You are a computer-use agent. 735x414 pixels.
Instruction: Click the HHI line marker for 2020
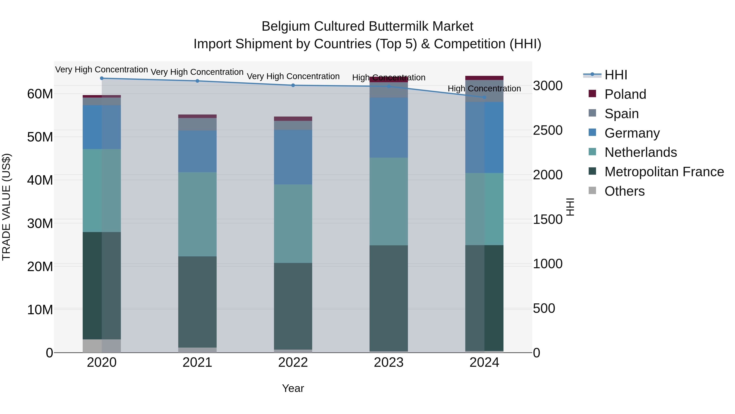click(x=102, y=78)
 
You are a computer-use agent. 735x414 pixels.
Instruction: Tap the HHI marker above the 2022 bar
click(x=293, y=85)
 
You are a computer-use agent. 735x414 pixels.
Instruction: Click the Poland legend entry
click(x=625, y=94)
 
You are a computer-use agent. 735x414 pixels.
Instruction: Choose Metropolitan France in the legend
click(x=664, y=172)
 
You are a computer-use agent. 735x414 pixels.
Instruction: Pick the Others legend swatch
click(x=592, y=191)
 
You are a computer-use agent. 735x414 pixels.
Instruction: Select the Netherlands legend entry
click(x=640, y=152)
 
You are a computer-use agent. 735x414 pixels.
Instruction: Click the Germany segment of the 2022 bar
click(x=293, y=157)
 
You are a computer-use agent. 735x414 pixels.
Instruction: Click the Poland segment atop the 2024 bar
click(x=484, y=78)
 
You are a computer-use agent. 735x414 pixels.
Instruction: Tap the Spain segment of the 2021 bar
click(x=197, y=124)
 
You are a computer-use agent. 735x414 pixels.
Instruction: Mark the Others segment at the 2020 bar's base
click(x=102, y=346)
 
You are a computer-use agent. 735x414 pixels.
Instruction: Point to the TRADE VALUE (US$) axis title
click(x=7, y=207)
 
